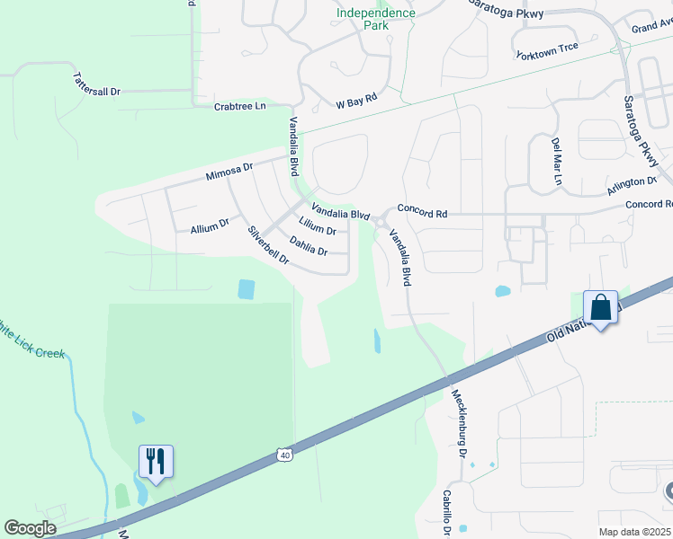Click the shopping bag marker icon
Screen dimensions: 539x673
coord(600,307)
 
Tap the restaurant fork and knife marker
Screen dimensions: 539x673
coord(156,462)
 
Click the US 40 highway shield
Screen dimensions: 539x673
coord(285,455)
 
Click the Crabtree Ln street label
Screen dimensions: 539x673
coord(240,106)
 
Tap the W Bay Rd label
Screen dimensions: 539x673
coord(356,103)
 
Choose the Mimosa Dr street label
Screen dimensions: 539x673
coord(230,170)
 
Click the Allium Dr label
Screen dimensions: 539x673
coord(210,226)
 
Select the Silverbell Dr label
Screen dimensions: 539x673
coord(268,244)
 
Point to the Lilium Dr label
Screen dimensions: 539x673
coord(318,225)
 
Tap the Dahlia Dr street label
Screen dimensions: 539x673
coord(309,245)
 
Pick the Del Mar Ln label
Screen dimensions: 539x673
coord(557,161)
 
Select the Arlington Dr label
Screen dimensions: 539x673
coord(632,182)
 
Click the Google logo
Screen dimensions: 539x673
coord(30,528)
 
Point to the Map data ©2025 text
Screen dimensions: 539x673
coord(634,532)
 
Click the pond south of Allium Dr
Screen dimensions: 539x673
coord(246,289)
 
